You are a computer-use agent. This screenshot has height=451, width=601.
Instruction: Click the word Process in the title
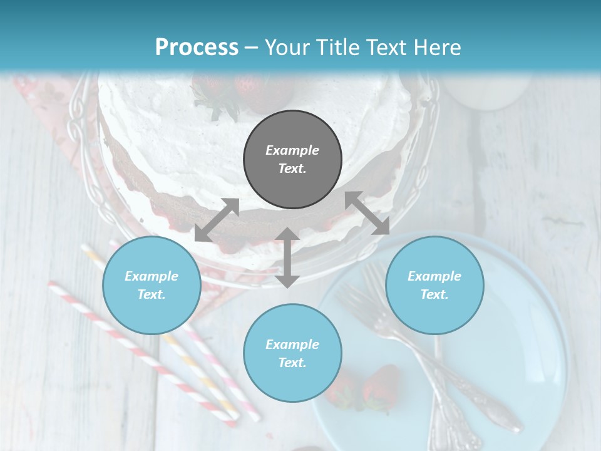pyautogui.click(x=197, y=48)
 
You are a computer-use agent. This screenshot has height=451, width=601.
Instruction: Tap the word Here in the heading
pyautogui.click(x=433, y=48)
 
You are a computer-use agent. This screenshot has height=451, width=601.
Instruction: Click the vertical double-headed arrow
pyautogui.click(x=287, y=257)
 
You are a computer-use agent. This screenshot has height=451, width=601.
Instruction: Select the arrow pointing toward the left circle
pyautogui.click(x=217, y=220)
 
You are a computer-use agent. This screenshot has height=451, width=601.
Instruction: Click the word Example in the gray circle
pyautogui.click(x=292, y=150)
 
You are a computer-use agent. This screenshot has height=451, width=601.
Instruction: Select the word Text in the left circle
pyautogui.click(x=152, y=294)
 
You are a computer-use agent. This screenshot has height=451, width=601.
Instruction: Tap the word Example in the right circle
pyautogui.click(x=434, y=276)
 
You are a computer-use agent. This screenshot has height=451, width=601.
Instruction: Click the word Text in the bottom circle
pyautogui.click(x=292, y=363)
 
